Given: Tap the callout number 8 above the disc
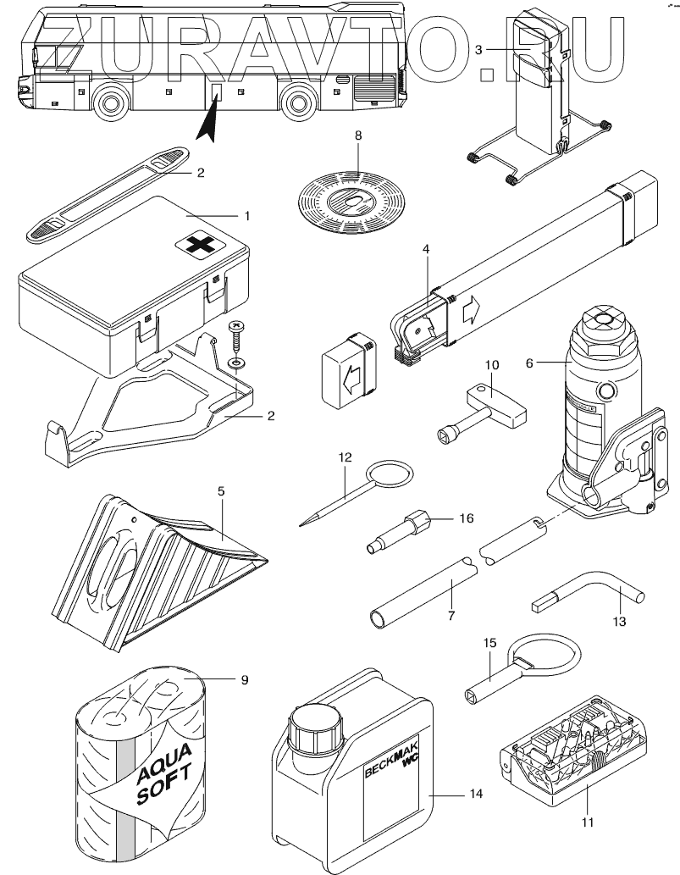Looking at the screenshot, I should pos(357,136).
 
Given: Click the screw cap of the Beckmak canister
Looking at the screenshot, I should pos(314,726).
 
